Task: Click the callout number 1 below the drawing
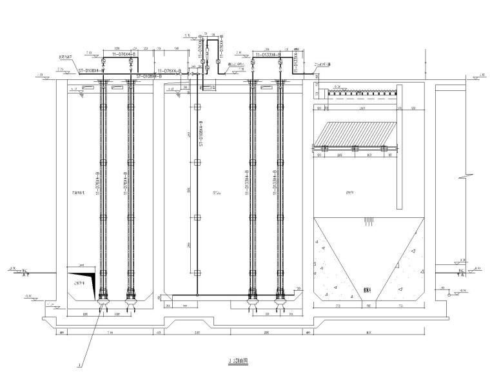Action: coord(79,366)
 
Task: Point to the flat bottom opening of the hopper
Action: coord(367,299)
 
